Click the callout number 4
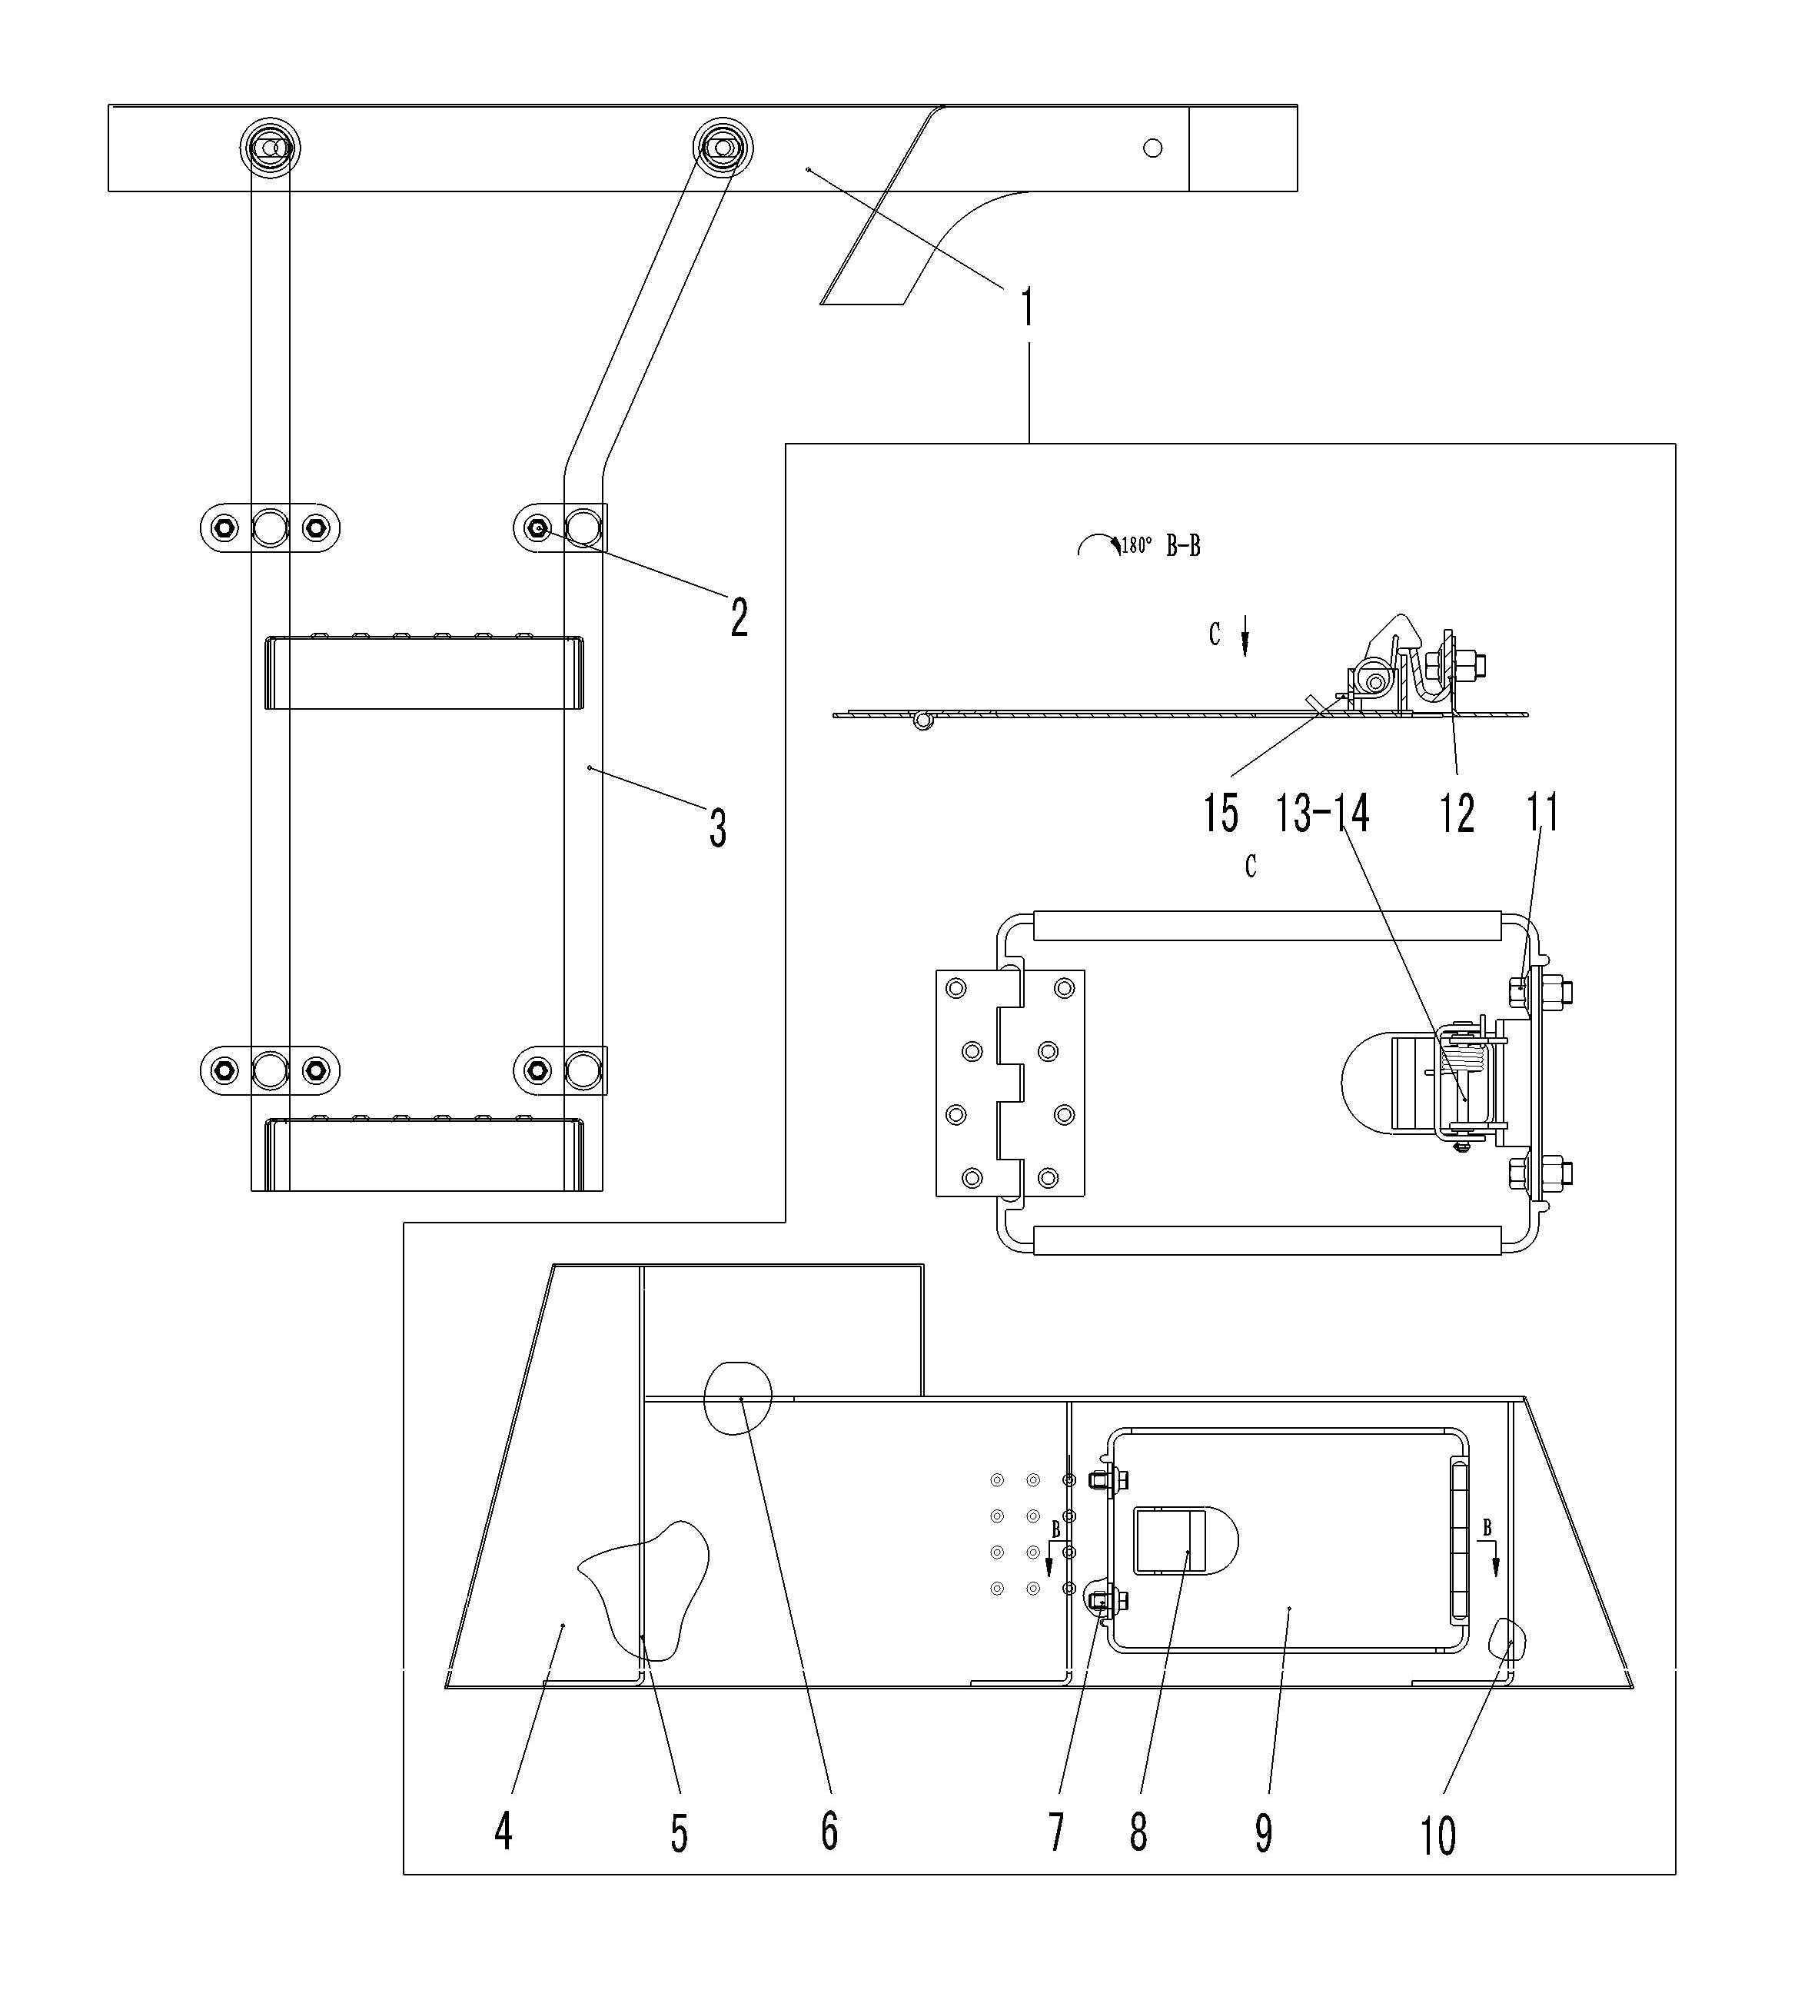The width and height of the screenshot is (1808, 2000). click(x=504, y=1832)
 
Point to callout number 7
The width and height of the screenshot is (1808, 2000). click(x=1056, y=1832)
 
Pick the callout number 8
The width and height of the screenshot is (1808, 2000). click(x=1138, y=1832)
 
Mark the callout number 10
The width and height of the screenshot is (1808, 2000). click(x=1439, y=1835)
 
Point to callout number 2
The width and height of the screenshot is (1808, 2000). click(x=739, y=618)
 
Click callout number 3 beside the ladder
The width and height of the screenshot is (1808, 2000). click(x=718, y=828)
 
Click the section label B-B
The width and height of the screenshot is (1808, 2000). click(x=1183, y=547)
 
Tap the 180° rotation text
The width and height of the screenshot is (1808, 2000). click(x=1137, y=547)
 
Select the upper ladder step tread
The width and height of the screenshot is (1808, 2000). click(x=424, y=673)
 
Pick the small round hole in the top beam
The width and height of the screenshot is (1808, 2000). click(x=1152, y=148)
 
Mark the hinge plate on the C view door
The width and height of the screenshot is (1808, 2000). click(x=1009, y=1083)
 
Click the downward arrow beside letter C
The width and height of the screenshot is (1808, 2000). click(x=1245, y=641)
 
